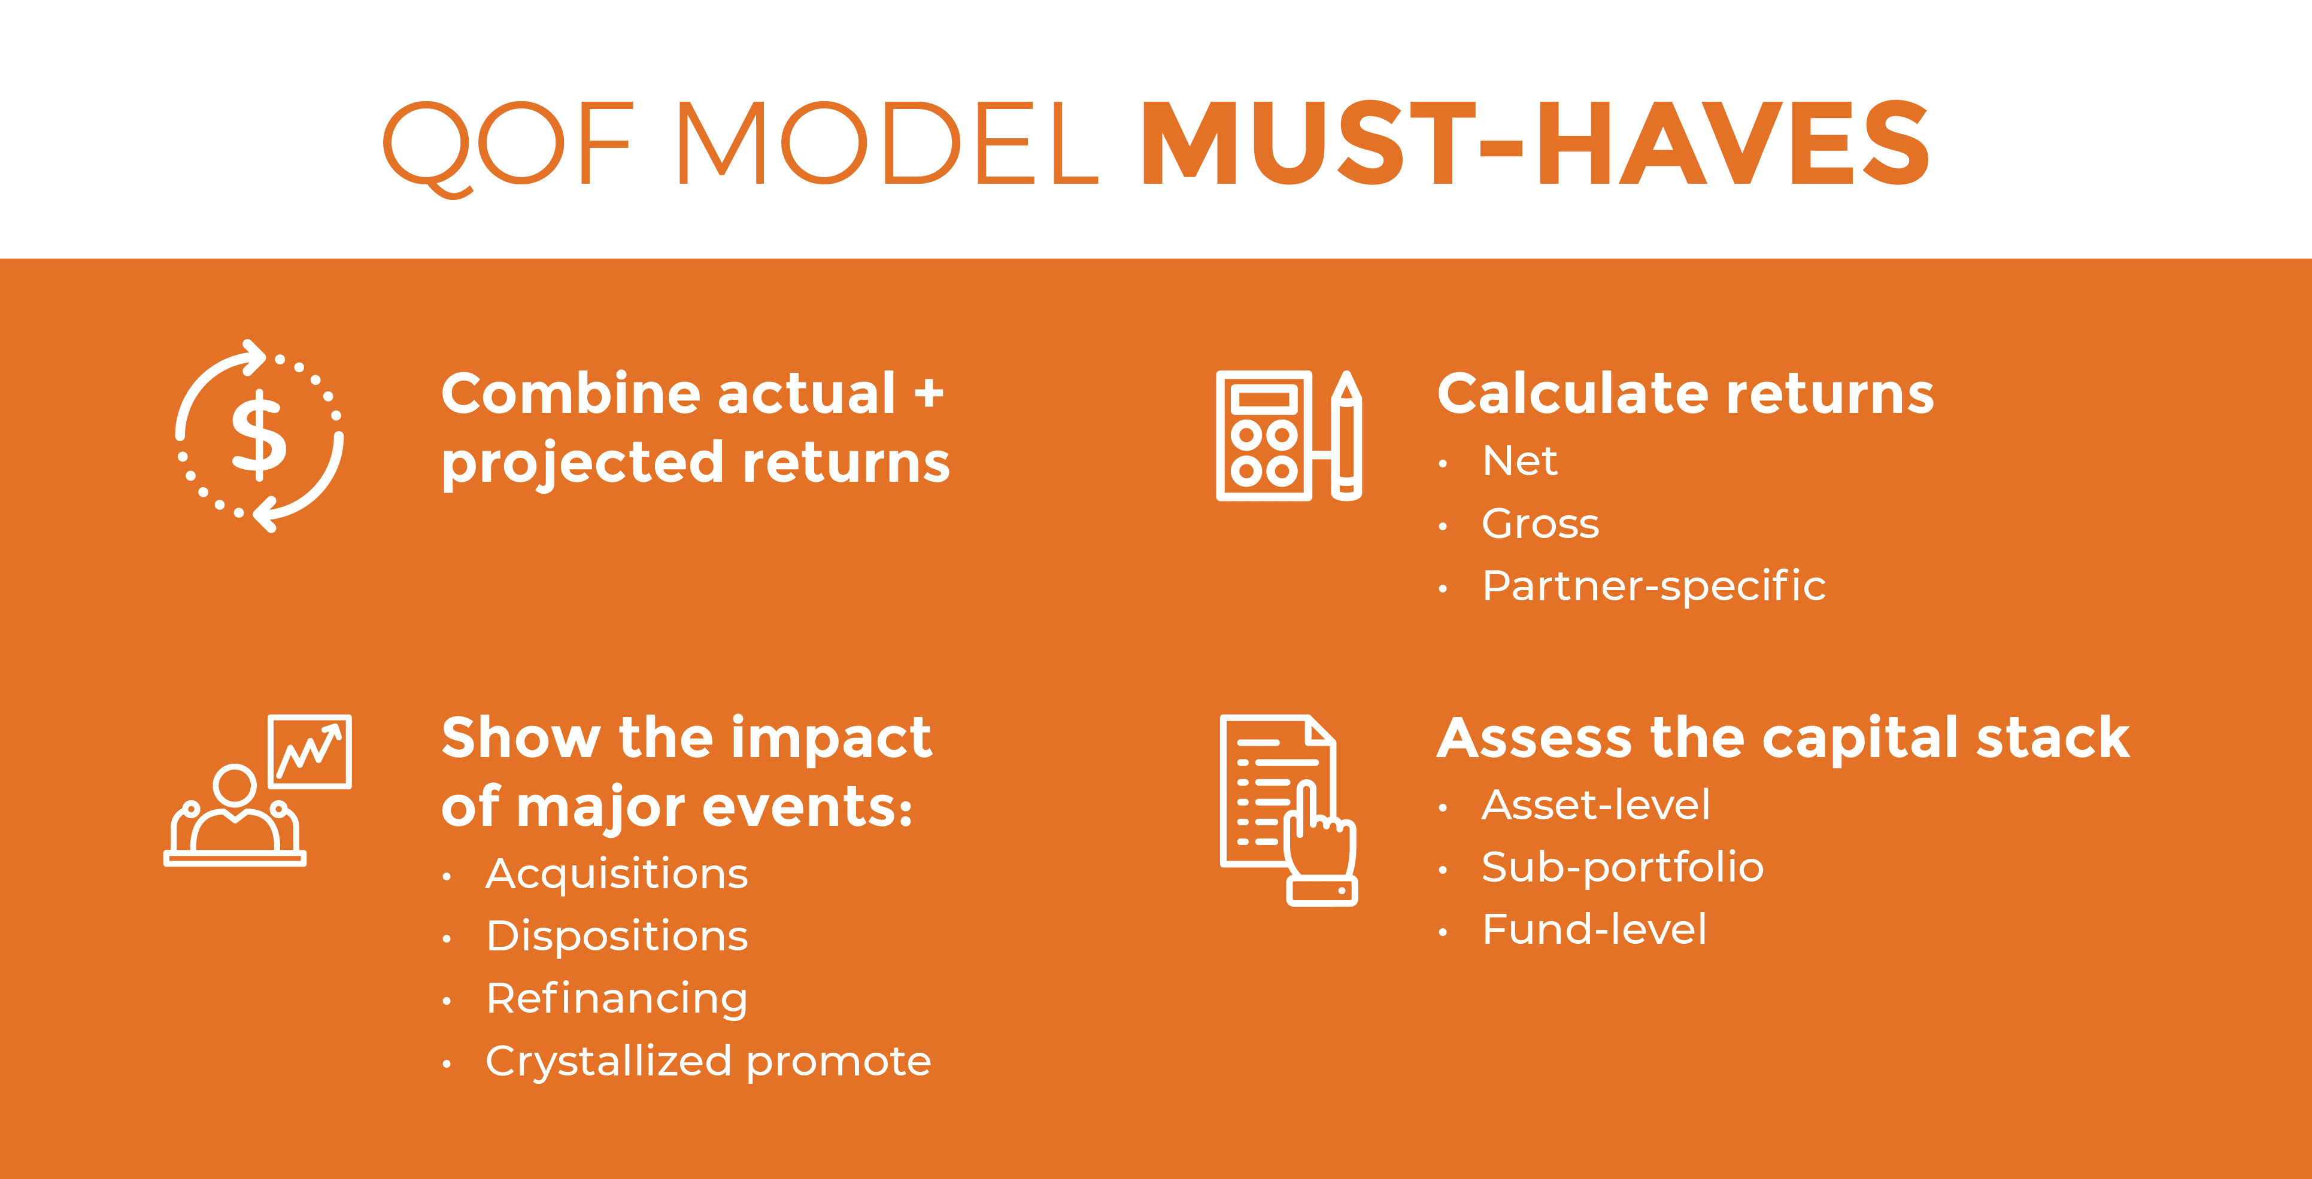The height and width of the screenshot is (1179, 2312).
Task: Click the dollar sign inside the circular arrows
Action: (259, 435)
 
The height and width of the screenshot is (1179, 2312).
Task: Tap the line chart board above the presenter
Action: (310, 752)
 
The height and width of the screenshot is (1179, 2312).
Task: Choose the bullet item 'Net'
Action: (1519, 461)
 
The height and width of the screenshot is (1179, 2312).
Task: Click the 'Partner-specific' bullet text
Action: (1654, 587)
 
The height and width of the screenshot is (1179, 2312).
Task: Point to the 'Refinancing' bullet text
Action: (617, 999)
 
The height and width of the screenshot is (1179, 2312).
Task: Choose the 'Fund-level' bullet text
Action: (1594, 929)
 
